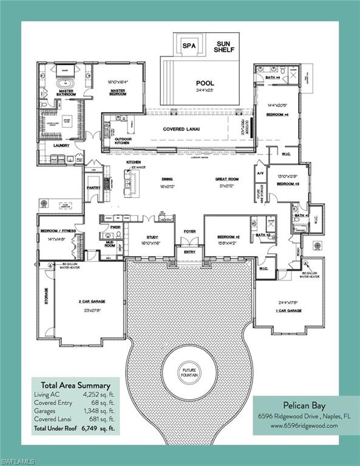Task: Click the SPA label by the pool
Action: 186,46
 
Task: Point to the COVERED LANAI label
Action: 183,129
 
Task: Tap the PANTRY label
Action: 93,187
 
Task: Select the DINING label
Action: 167,180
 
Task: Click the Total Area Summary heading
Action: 75,385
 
